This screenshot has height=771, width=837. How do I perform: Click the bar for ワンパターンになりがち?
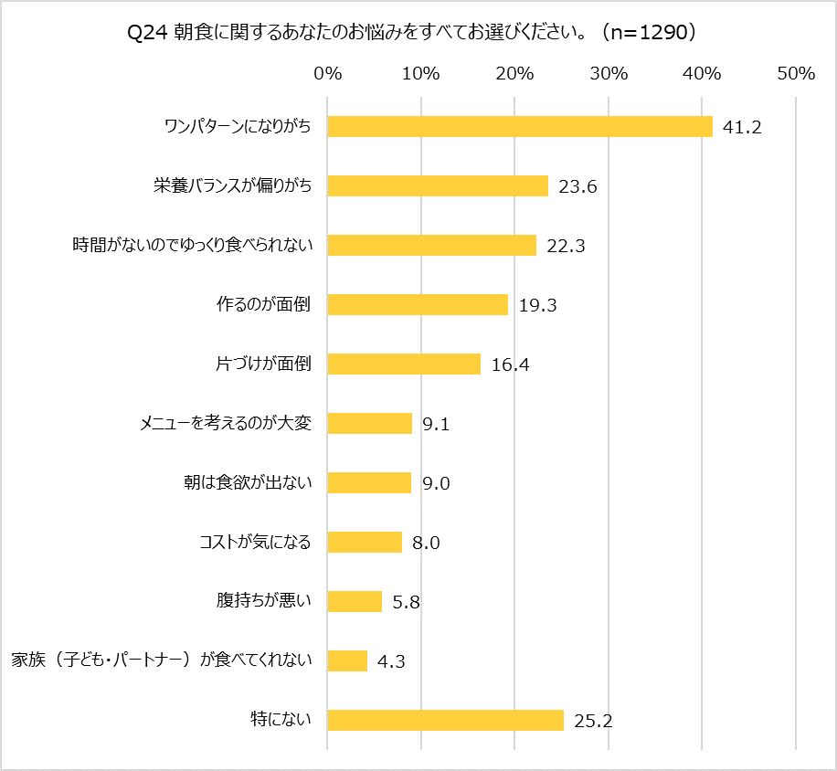click(519, 127)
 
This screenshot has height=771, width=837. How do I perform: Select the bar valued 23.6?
click(437, 186)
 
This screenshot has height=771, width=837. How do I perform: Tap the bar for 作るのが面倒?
click(417, 304)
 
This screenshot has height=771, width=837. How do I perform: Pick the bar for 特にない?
click(445, 720)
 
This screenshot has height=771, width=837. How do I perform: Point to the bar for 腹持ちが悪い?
click(354, 601)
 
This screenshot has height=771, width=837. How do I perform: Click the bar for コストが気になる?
click(364, 542)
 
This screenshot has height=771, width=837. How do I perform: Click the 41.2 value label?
click(742, 128)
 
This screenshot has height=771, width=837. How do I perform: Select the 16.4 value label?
click(510, 364)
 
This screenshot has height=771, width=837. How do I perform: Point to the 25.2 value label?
click(593, 721)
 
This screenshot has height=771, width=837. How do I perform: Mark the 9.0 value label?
click(436, 483)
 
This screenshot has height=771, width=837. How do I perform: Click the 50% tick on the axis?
click(795, 74)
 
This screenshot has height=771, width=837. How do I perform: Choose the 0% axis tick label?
click(327, 74)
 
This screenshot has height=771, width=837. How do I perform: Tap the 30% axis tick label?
click(609, 74)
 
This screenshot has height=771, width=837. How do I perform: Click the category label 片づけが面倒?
click(263, 364)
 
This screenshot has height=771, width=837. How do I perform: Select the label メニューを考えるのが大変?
click(225, 423)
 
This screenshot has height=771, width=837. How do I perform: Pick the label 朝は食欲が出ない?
click(248, 482)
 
